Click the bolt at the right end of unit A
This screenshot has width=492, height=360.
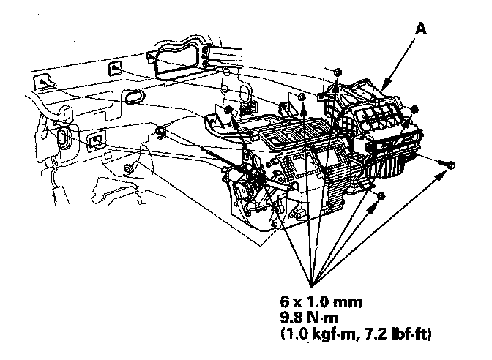(415, 110)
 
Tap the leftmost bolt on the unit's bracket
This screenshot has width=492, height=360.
(229, 110)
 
